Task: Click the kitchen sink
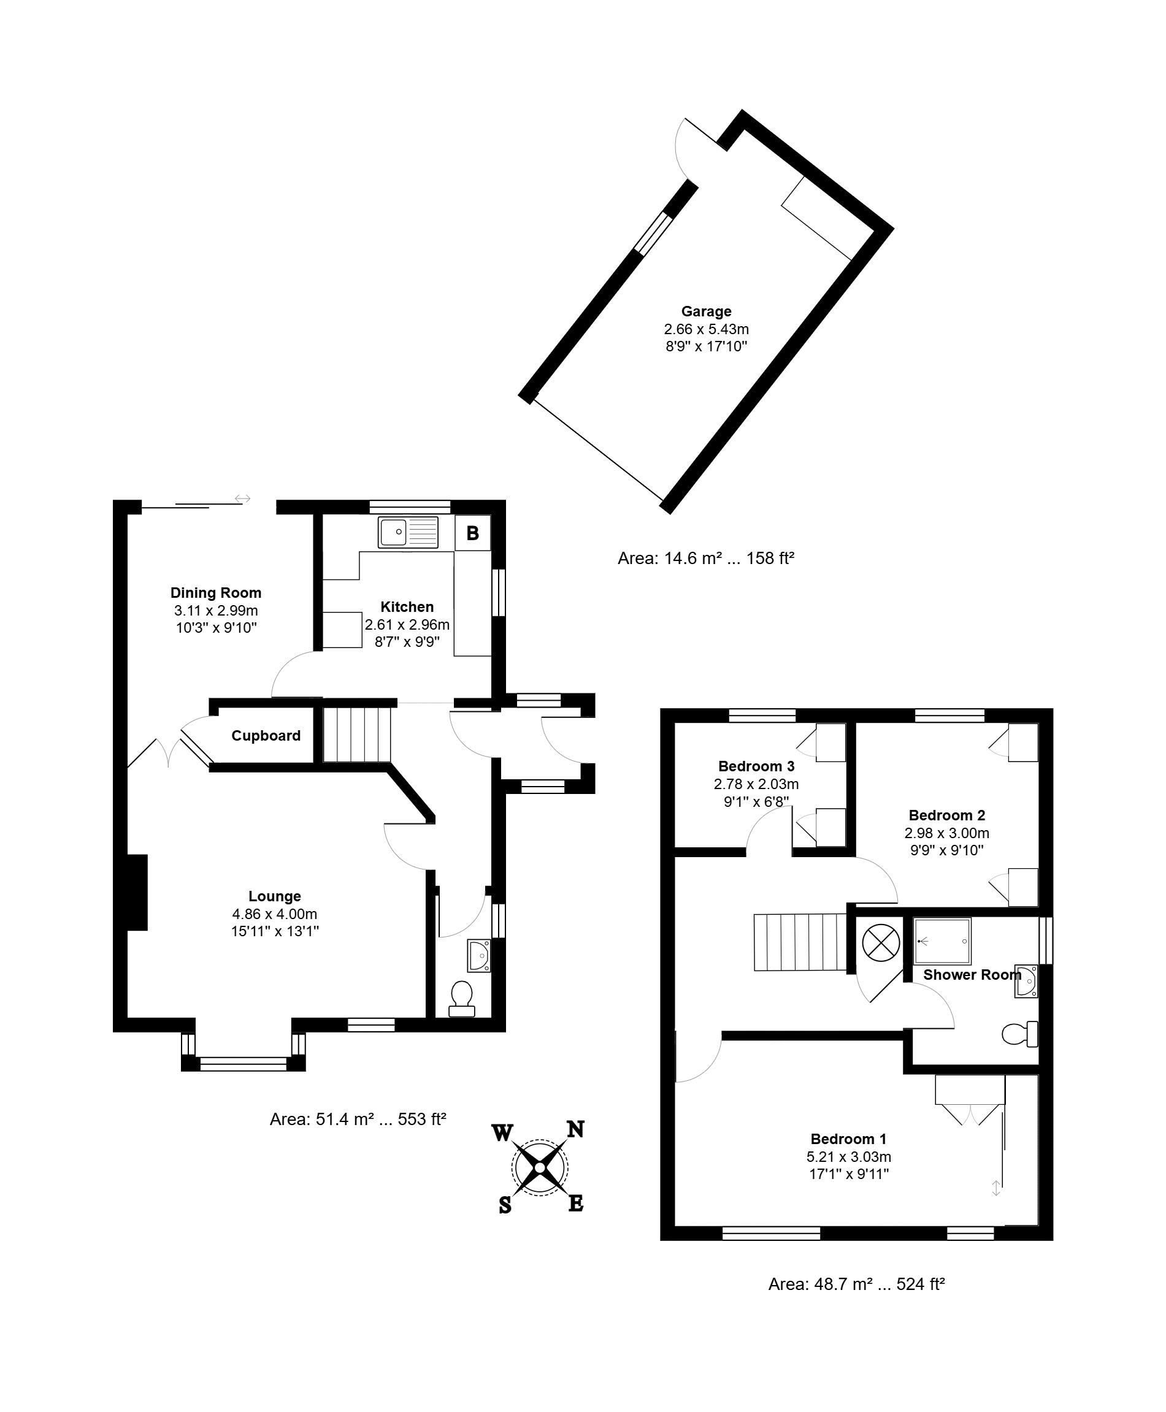click(x=408, y=532)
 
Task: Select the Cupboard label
click(x=266, y=736)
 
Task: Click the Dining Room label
click(x=216, y=593)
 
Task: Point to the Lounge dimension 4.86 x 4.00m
click(x=275, y=914)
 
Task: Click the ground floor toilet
click(x=461, y=999)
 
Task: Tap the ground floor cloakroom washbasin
click(x=480, y=955)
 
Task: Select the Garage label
click(x=706, y=311)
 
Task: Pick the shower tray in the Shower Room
click(x=942, y=941)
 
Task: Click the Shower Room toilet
click(x=1019, y=1034)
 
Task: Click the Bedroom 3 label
click(x=756, y=766)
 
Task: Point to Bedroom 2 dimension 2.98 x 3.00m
click(x=947, y=833)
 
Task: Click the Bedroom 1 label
click(x=849, y=1139)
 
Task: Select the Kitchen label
click(x=407, y=607)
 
